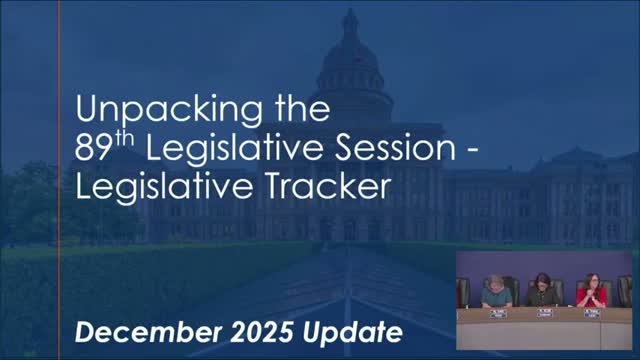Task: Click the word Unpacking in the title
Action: [x=169, y=110]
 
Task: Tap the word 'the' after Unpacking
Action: [x=302, y=109]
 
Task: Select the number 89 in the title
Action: [x=93, y=149]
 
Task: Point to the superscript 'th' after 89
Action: [x=124, y=139]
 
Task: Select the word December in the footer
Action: [x=149, y=332]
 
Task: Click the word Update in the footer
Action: [x=352, y=333]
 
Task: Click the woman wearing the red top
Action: [x=591, y=291]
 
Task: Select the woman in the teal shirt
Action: [x=496, y=291]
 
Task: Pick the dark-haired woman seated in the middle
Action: [x=542, y=289]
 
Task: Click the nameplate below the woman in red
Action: [x=591, y=313]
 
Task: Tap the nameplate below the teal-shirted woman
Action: [x=498, y=314]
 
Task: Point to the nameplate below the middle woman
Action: [x=545, y=313]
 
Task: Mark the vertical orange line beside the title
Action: [x=59, y=180]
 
